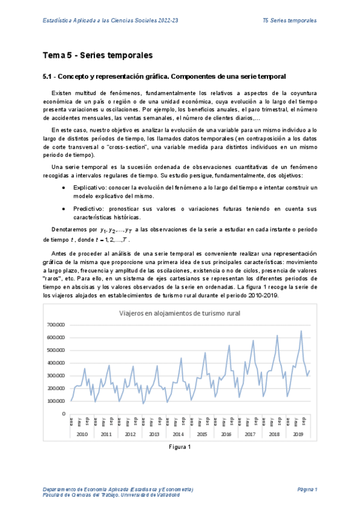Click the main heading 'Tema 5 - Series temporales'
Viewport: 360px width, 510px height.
point(97,56)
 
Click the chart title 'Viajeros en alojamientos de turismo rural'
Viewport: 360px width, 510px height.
point(180,313)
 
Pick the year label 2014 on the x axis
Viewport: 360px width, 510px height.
point(178,434)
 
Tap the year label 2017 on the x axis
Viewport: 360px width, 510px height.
point(251,434)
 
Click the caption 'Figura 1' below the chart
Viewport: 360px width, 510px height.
point(180,447)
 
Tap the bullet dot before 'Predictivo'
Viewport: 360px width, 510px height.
point(64,208)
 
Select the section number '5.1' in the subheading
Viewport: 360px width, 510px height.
point(48,77)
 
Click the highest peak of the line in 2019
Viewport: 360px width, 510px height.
point(301,331)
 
